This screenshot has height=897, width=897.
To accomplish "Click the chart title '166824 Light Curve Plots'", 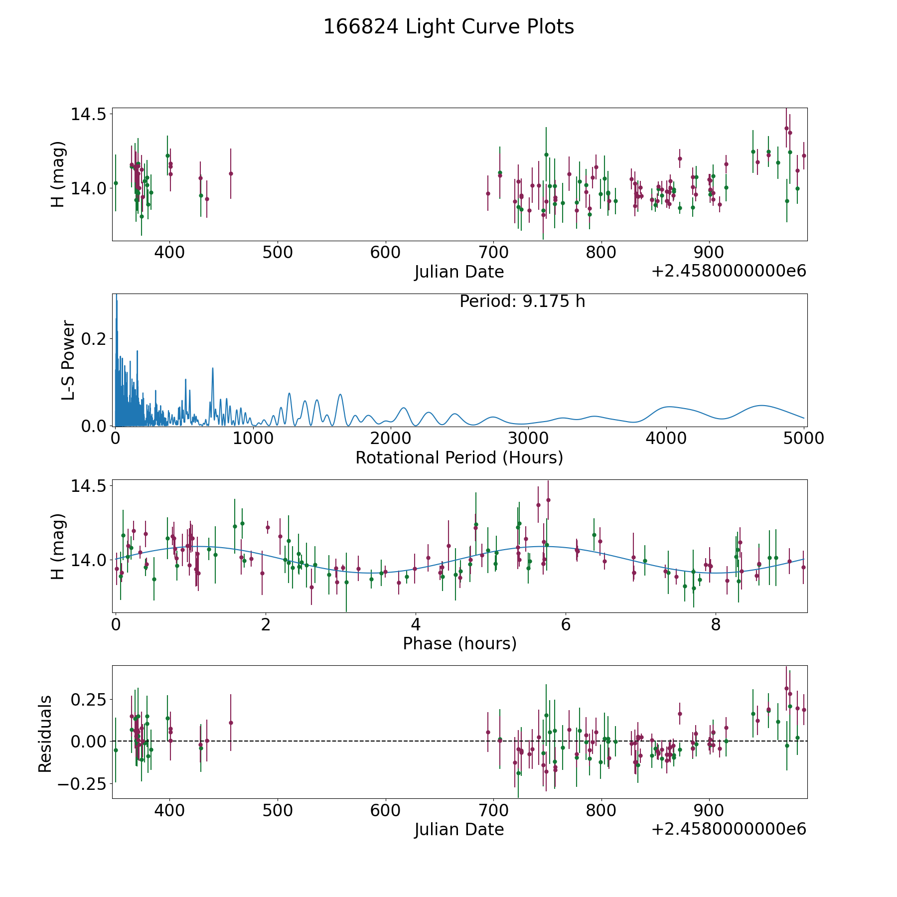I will [x=448, y=27].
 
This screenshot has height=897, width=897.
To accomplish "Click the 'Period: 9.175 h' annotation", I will [x=522, y=301].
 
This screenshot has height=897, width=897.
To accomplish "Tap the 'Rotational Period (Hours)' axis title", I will [x=459, y=457].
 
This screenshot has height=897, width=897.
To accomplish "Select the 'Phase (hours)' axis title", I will [x=459, y=643].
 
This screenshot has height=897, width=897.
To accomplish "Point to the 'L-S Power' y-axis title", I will [x=68, y=360].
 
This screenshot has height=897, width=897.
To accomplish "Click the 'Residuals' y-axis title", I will [x=45, y=734].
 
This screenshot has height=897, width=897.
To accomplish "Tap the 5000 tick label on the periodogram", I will [x=803, y=439].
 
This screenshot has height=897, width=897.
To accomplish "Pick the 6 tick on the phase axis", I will [x=566, y=624].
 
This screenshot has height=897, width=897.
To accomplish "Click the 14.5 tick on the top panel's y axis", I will [x=89, y=114].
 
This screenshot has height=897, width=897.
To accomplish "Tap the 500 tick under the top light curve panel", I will [x=278, y=253].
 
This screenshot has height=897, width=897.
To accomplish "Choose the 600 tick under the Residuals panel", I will [x=385, y=810].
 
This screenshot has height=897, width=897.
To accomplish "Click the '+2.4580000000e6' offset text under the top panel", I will [x=729, y=272].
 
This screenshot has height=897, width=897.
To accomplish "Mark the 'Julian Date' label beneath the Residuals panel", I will [x=459, y=829].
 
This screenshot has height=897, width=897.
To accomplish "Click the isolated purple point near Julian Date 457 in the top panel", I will [x=231, y=173].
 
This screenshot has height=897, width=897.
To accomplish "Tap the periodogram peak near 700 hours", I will [x=213, y=369].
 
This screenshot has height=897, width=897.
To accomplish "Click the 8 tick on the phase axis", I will [x=716, y=624].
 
